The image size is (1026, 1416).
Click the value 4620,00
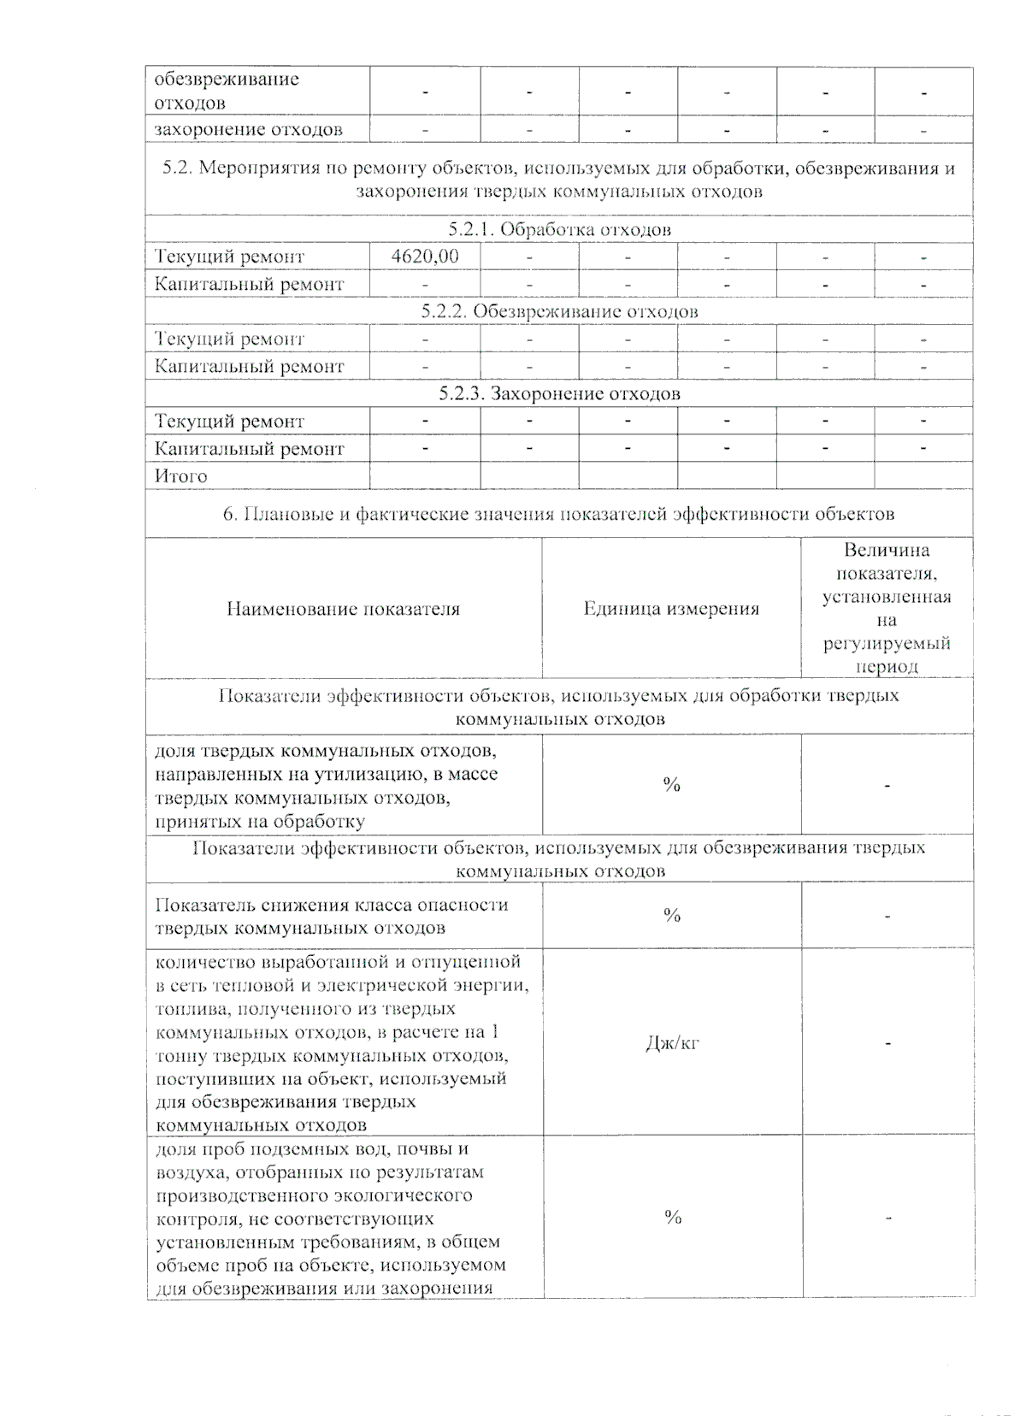point(424,257)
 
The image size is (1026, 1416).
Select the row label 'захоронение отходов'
point(248,130)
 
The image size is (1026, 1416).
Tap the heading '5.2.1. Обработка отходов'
point(559,229)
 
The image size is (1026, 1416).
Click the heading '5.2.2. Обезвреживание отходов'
point(559,311)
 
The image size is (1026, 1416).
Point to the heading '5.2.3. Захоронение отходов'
point(559,393)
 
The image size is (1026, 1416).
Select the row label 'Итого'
point(180,476)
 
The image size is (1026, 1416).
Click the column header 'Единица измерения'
point(671,609)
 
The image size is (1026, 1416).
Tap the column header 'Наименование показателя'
point(343,609)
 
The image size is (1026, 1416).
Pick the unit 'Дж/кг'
point(672,1043)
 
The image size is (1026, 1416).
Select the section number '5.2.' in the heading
point(178,168)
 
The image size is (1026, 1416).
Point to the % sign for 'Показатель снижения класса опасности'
point(672,916)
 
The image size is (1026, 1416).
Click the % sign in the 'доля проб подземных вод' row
point(673,1218)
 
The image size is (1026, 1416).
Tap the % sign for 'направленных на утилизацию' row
point(672,785)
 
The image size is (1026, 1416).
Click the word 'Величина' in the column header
point(887,551)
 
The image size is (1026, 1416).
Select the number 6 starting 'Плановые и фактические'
point(229,514)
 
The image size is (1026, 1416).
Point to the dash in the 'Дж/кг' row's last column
point(888,1043)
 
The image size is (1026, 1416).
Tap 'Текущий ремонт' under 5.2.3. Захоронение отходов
point(229,422)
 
